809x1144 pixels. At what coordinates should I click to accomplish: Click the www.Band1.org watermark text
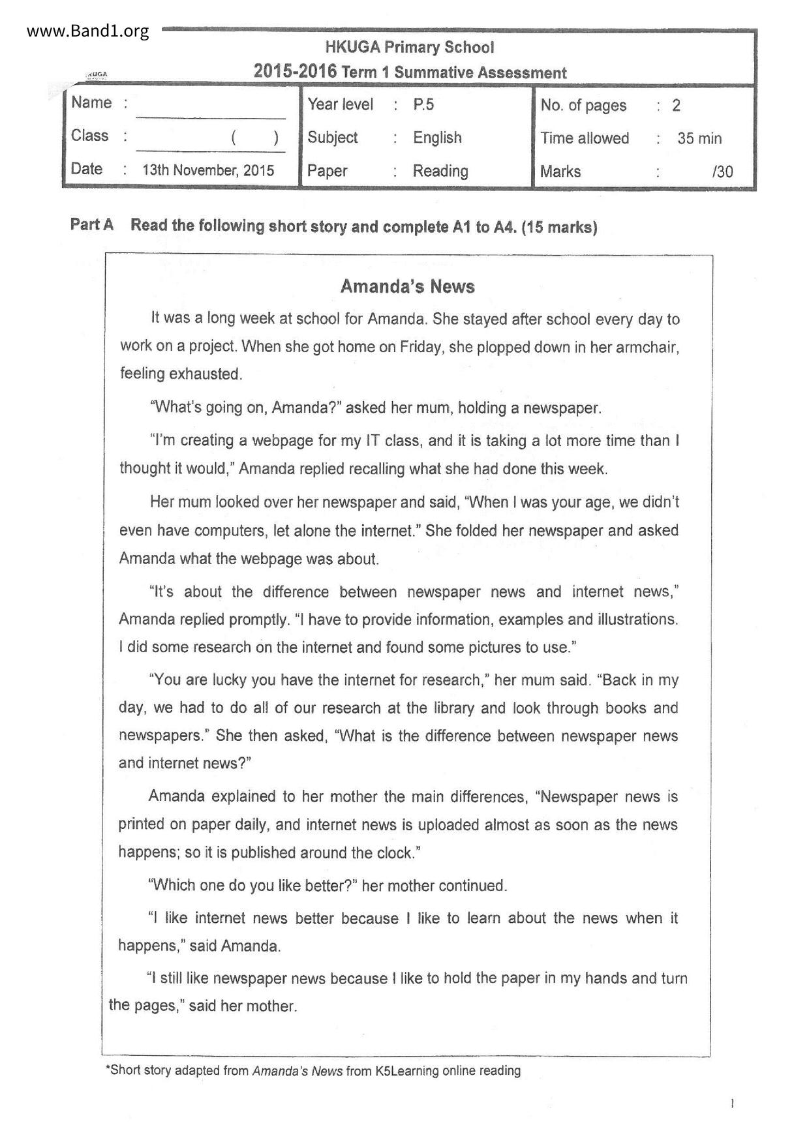88,31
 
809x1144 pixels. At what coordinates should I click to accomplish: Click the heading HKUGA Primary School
409,47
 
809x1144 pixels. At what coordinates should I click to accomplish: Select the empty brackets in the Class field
254,138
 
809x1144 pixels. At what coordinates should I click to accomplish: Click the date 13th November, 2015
208,170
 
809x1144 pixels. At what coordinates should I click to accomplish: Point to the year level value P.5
423,104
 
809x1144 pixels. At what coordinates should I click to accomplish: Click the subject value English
437,138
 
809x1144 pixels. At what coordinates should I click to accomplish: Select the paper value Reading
440,171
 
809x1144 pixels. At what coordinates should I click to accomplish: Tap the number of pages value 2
677,105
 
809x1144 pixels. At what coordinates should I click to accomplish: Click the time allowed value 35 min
699,138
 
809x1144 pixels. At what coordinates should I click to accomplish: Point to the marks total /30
723,172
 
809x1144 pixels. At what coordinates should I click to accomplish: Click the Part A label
92,225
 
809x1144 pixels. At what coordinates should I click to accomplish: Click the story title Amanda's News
408,286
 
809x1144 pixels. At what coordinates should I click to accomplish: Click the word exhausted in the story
206,374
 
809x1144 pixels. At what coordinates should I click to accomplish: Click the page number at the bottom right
733,1104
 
